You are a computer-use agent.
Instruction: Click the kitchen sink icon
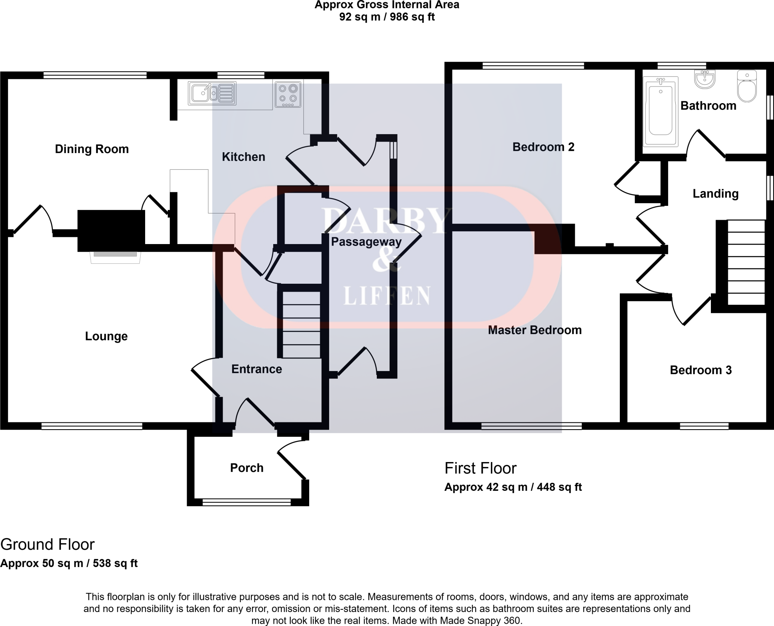click(x=212, y=93)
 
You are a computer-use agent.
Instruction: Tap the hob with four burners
click(x=288, y=94)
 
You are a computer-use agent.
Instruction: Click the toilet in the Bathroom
click(x=747, y=87)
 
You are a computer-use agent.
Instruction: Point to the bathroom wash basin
click(x=705, y=79)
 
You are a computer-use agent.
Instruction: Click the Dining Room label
click(x=92, y=149)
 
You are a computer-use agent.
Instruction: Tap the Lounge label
click(x=106, y=336)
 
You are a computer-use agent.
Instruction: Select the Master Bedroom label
click(x=534, y=330)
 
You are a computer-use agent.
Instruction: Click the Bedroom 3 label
click(x=701, y=370)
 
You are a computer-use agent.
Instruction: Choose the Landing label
click(x=715, y=194)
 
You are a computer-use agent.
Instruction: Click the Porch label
click(x=246, y=468)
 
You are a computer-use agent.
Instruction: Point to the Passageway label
click(x=366, y=242)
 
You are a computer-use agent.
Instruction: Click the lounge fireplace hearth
click(x=115, y=257)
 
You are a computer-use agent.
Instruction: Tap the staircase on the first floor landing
click(x=746, y=263)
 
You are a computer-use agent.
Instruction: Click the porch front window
click(x=246, y=502)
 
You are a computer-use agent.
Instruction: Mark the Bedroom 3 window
click(x=704, y=426)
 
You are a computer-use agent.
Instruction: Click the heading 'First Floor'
click(x=480, y=468)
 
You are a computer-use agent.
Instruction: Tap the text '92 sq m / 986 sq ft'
click(x=387, y=17)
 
